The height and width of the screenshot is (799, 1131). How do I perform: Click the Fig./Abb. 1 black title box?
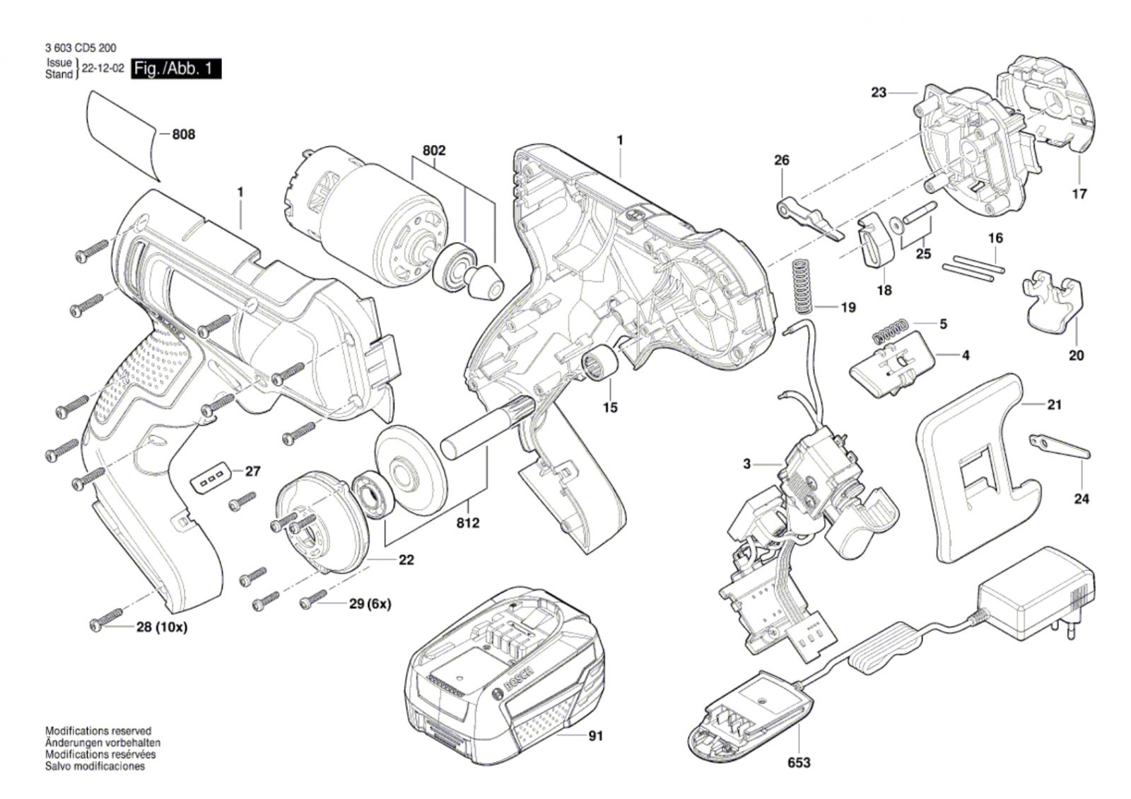[176, 69]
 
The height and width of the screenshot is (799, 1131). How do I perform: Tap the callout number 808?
[183, 134]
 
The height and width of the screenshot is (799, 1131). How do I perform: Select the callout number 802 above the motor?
[434, 151]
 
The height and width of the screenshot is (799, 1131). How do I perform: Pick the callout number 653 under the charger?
[799, 762]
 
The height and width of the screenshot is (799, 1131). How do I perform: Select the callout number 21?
[1054, 405]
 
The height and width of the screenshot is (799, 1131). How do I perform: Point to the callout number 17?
[1079, 194]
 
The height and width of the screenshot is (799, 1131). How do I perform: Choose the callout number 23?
[878, 93]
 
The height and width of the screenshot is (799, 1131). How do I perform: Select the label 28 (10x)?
[162, 627]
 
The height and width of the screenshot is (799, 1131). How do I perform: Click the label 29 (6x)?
[370, 604]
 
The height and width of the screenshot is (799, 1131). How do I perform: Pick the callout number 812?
[468, 523]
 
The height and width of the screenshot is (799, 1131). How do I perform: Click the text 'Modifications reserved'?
[98, 731]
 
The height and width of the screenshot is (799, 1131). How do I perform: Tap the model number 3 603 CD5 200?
[81, 48]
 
